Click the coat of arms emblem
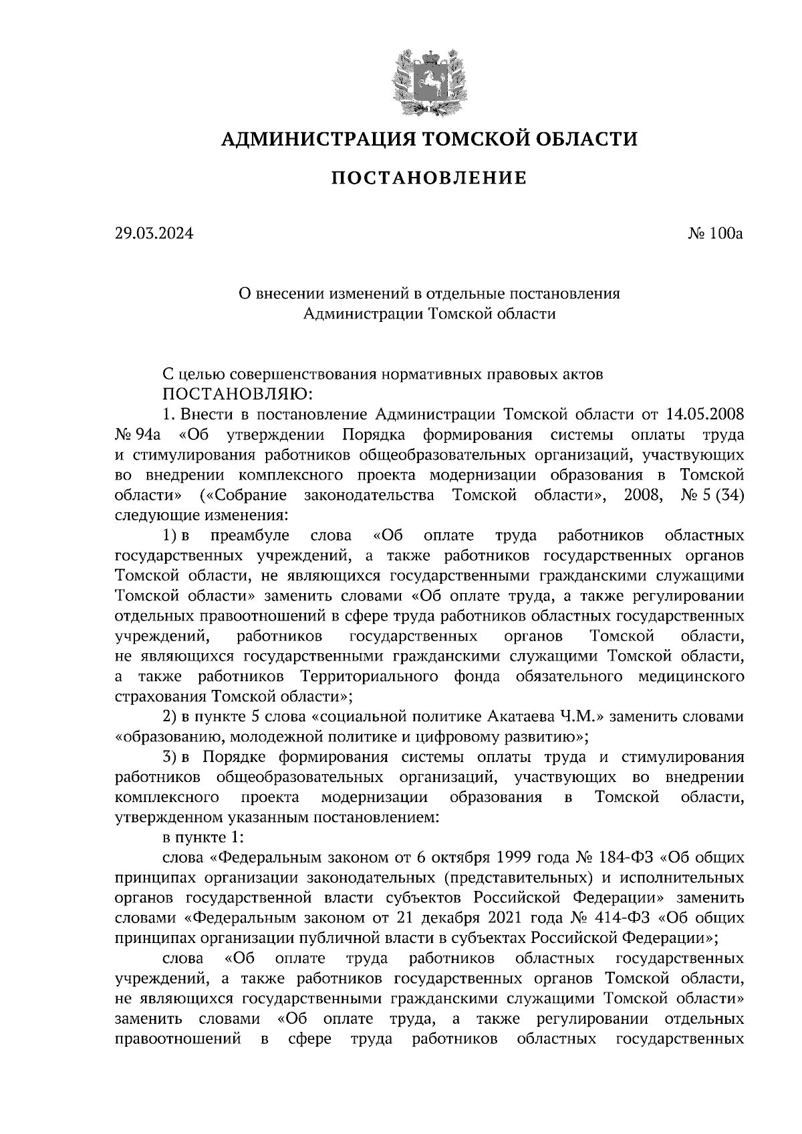click(428, 81)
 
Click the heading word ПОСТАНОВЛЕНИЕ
click(429, 178)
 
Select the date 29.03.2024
click(153, 234)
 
